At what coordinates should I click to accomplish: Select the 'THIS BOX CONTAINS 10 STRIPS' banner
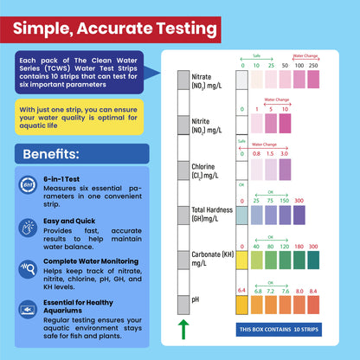tap(282, 330)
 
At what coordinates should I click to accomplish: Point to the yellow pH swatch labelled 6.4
tap(242, 305)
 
